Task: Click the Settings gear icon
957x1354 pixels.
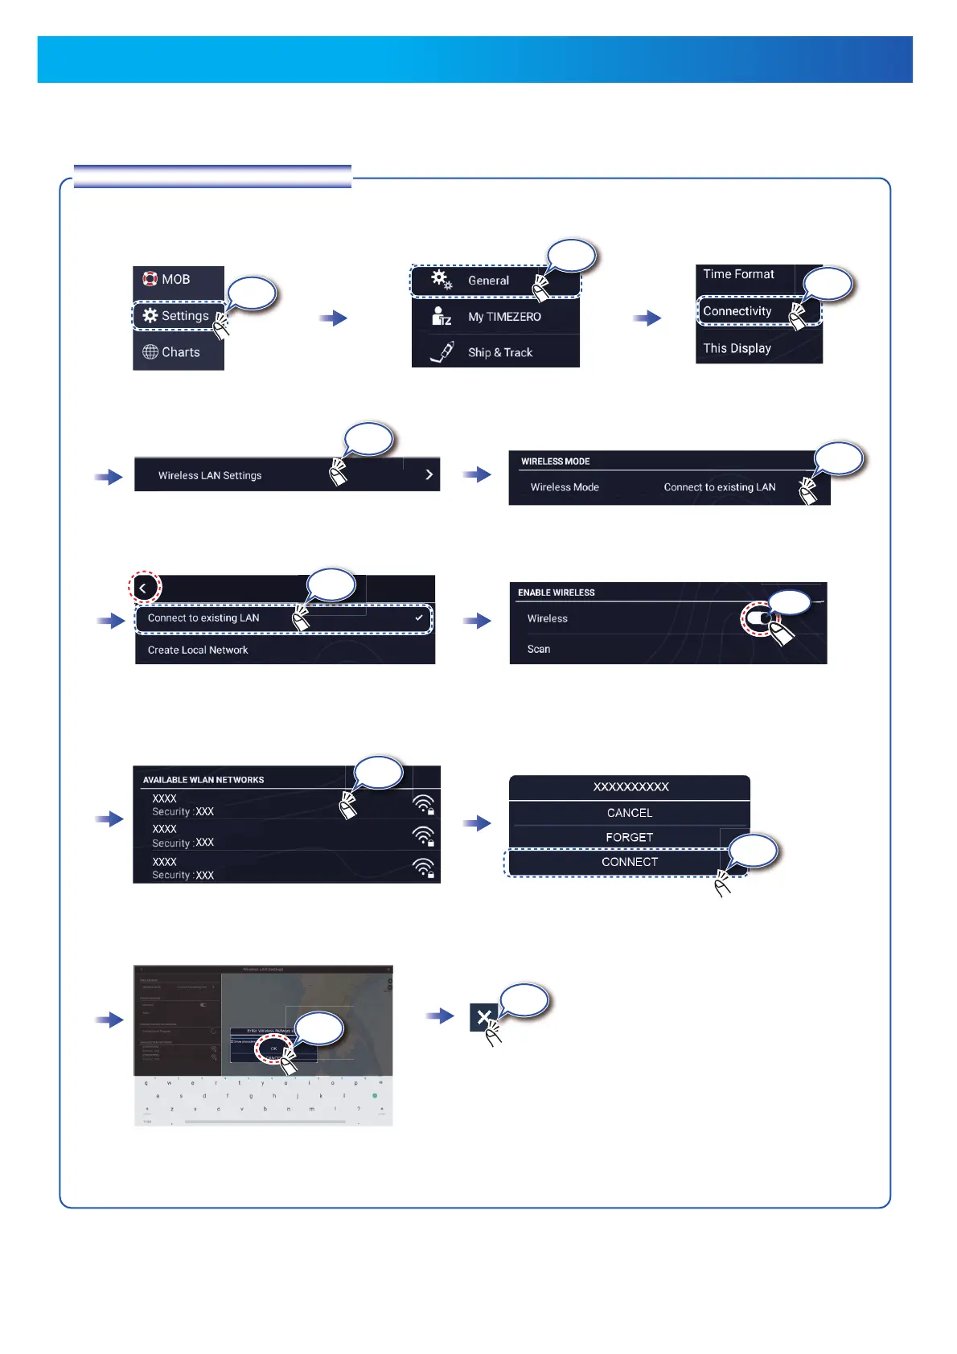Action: pos(150,316)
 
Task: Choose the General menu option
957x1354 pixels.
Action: pos(488,281)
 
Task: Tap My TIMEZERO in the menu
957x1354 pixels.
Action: pos(504,317)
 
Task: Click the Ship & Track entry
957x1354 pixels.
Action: pos(499,352)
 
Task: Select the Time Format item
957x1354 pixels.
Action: pos(738,274)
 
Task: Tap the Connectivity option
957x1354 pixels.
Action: pos(737,311)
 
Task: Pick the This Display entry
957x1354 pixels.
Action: pos(737,348)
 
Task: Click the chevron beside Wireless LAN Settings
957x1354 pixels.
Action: pos(429,475)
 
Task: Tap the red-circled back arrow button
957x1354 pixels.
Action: pos(144,588)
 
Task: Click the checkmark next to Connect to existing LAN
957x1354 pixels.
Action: pos(419,618)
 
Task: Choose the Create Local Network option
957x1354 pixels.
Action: pos(198,650)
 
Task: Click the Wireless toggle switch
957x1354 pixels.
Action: pos(762,619)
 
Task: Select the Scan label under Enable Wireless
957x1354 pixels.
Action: pos(539,649)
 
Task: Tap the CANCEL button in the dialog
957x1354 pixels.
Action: pos(630,813)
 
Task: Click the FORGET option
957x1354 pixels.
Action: pos(630,837)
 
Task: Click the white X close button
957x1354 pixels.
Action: pos(483,1018)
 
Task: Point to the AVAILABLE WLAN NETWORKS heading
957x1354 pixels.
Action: pos(203,780)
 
